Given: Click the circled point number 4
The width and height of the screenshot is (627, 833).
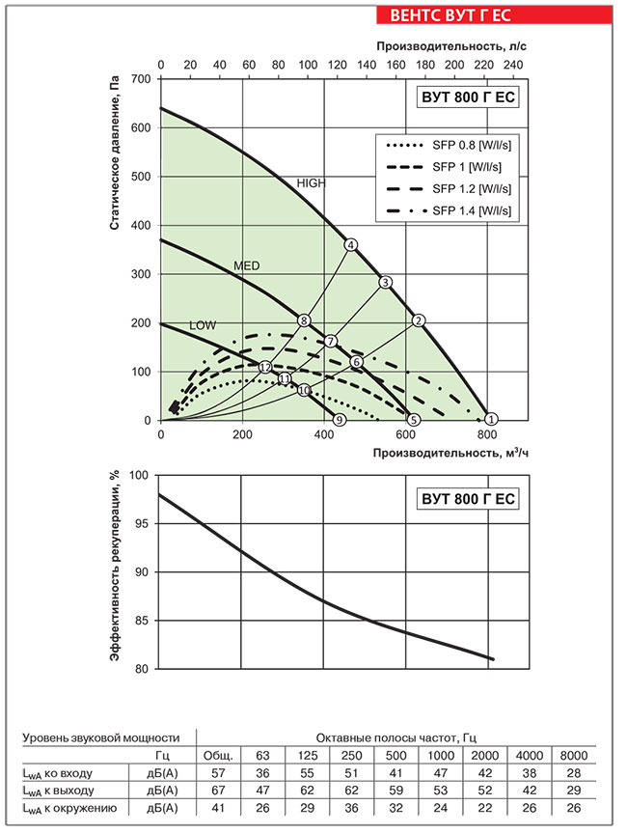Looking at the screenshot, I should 351,244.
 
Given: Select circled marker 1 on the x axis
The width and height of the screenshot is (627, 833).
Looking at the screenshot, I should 491,419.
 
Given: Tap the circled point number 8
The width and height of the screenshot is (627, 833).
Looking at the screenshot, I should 304,320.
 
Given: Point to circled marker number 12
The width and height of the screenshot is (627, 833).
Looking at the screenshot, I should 265,367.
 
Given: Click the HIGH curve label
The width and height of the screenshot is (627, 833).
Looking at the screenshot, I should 312,182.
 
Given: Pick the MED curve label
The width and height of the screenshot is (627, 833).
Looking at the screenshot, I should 247,264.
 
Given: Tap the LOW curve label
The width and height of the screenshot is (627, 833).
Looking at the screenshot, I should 203,325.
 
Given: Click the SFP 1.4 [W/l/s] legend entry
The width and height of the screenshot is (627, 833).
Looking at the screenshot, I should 450,209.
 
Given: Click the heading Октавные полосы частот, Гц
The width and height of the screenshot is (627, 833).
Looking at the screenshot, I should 395,736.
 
